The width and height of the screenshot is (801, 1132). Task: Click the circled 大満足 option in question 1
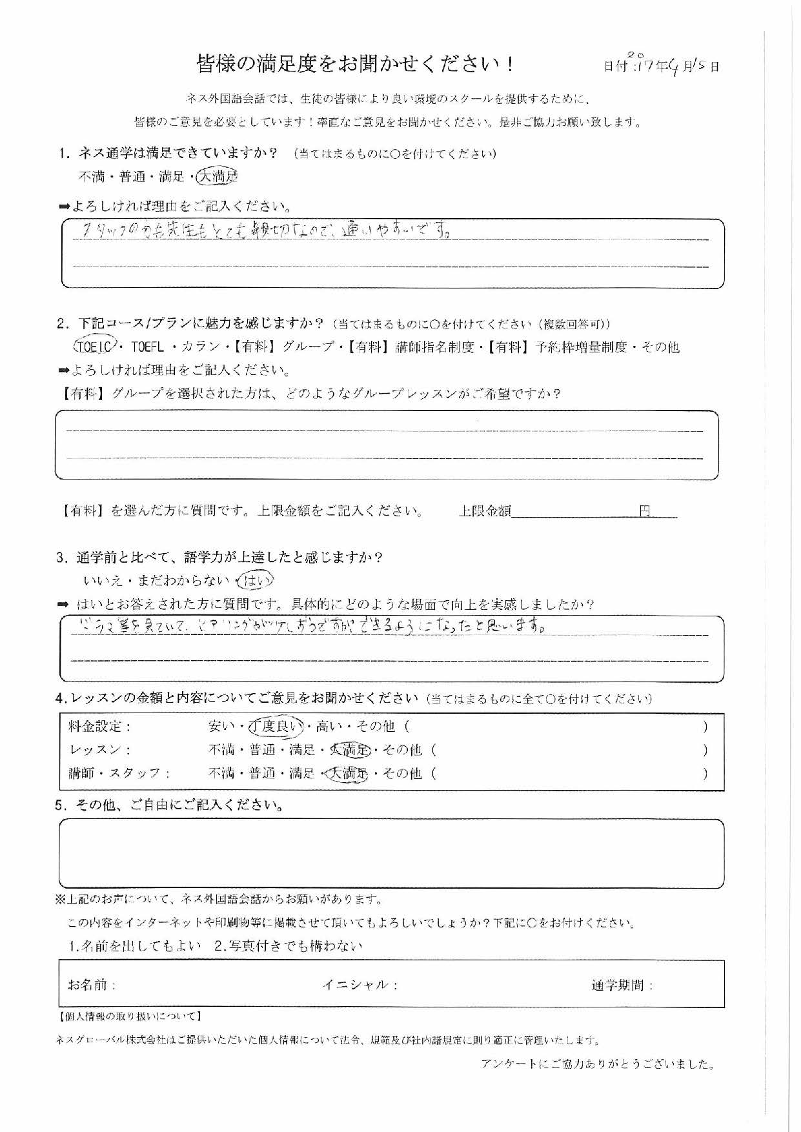(218, 176)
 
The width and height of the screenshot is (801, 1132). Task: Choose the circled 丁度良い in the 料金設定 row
(275, 727)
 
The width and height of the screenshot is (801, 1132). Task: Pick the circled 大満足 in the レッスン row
(350, 750)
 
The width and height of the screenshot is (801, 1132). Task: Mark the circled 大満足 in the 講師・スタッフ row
(347, 773)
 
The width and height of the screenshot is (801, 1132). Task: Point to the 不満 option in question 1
(91, 177)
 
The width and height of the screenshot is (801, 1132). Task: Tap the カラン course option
(201, 347)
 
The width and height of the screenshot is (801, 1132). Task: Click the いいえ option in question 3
(103, 581)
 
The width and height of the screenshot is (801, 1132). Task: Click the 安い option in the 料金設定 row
(221, 727)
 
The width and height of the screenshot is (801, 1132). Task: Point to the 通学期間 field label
(622, 985)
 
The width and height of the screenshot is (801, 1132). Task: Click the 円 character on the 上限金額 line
(645, 511)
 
